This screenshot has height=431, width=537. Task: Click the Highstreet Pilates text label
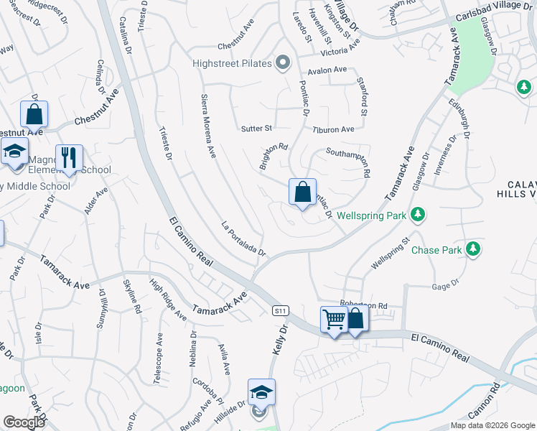click(232, 64)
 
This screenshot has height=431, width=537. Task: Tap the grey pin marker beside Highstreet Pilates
click(284, 63)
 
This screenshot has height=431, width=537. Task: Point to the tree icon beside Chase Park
click(472, 249)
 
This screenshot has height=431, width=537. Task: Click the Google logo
click(24, 422)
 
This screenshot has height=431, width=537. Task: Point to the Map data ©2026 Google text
click(492, 425)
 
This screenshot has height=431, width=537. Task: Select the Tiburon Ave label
click(333, 129)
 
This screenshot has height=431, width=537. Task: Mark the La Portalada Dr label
click(244, 239)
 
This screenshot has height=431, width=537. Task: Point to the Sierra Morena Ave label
click(208, 126)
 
